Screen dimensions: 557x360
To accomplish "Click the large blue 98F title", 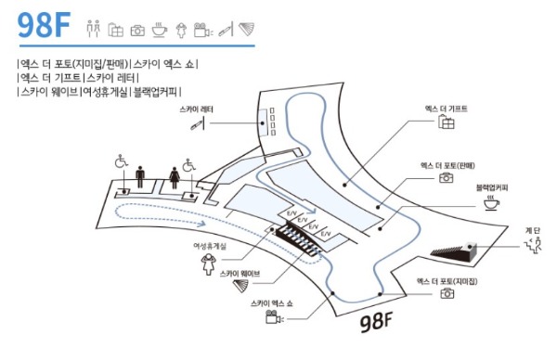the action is [44, 25].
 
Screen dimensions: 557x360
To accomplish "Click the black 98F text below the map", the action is [376, 322].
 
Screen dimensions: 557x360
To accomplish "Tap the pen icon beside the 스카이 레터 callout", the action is [198, 124].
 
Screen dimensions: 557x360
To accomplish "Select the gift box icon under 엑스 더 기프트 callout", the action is [447, 122].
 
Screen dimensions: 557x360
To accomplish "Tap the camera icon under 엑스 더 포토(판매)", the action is [447, 177].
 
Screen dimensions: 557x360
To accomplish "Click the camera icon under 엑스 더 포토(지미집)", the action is [447, 293].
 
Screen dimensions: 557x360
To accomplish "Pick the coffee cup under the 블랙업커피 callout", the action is [491, 203].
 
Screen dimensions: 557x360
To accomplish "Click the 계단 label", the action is [533, 230].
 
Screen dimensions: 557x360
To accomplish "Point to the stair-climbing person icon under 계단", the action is [533, 246].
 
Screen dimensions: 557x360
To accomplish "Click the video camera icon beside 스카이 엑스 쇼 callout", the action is [274, 317].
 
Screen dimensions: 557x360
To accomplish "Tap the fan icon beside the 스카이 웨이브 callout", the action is [241, 286].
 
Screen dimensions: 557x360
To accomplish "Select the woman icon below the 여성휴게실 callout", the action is [208, 264].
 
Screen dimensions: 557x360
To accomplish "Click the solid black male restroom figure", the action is [140, 177].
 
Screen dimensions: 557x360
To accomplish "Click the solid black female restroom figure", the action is [175, 178].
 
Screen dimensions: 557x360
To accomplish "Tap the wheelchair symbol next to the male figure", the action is [121, 161].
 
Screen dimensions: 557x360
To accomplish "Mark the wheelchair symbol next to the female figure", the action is [188, 165].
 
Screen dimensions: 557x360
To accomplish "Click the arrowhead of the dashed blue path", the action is [201, 224].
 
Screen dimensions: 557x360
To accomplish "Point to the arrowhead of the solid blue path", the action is [312, 212].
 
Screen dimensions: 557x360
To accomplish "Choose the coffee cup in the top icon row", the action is [160, 30].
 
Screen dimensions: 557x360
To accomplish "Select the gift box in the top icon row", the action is [116, 30].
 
